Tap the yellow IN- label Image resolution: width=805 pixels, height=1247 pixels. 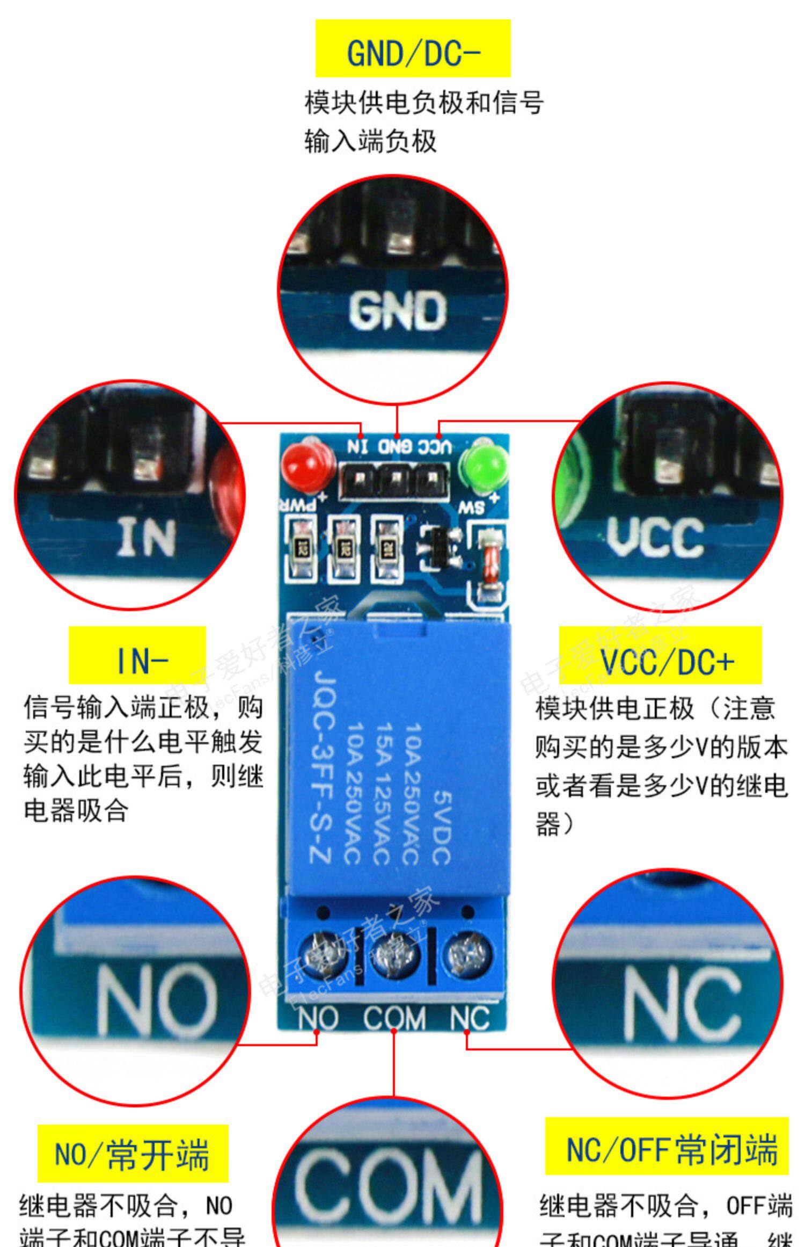point(137,655)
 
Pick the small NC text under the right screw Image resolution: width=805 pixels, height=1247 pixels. point(470,1019)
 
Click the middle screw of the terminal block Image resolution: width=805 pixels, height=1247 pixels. point(395,959)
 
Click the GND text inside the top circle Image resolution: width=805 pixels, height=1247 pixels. point(397,310)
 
